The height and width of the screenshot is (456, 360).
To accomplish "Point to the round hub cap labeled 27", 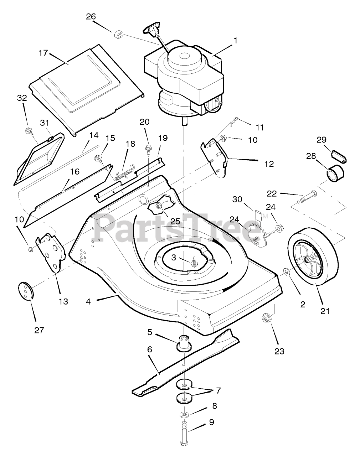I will tap(25, 289).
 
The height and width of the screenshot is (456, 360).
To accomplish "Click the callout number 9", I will tap(211, 423).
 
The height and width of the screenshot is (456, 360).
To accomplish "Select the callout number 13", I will tap(63, 301).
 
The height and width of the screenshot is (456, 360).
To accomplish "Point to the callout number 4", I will tap(88, 301).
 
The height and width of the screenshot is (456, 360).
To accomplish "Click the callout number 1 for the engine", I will tap(234, 41).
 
